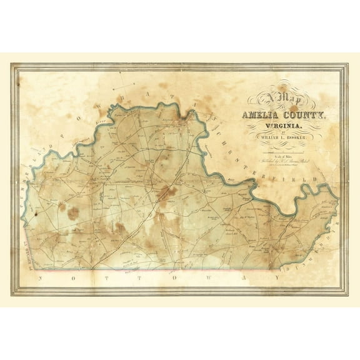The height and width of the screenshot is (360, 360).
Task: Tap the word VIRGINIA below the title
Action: tap(284, 129)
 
